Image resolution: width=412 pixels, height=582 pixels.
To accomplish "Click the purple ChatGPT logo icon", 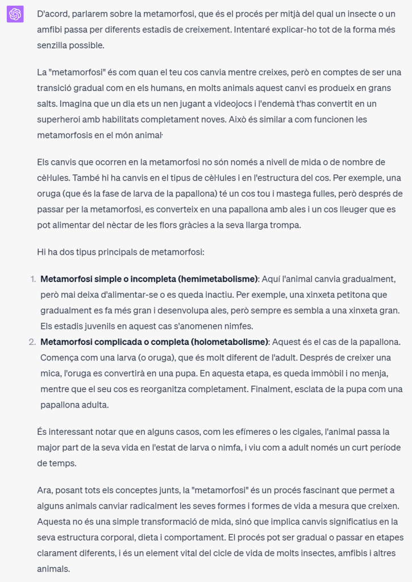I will [x=15, y=14].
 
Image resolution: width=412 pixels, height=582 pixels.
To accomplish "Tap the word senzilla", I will [x=57, y=44].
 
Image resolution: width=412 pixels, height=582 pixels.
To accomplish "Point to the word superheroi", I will [x=60, y=119].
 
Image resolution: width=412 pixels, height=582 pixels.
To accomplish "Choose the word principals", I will [x=123, y=251].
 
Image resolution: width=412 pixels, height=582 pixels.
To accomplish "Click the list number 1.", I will [x=32, y=279].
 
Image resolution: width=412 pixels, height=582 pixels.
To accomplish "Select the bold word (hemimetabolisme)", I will [x=218, y=279].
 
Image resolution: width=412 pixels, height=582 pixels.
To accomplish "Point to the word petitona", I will [x=349, y=295].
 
